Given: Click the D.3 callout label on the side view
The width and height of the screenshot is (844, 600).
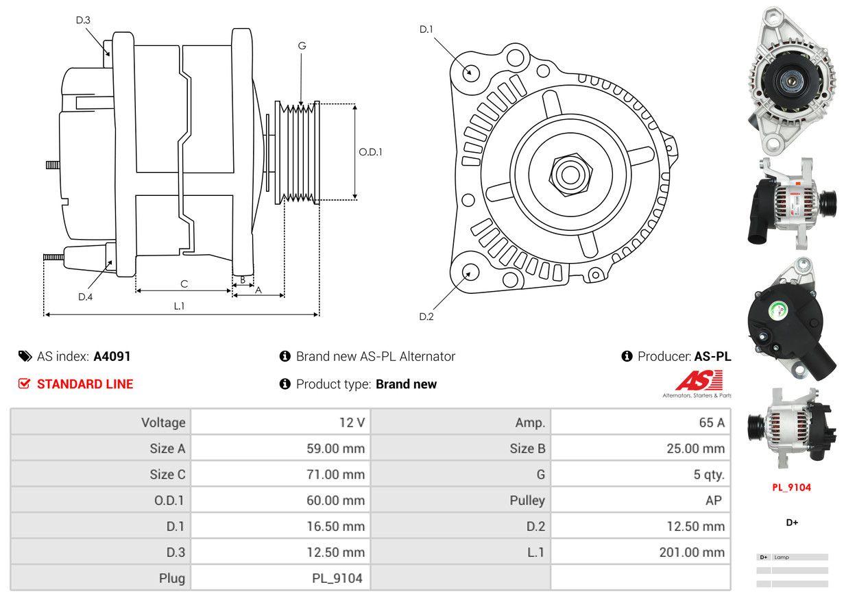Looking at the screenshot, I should point(83,20).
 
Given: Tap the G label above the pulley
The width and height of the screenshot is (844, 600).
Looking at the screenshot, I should point(302,46).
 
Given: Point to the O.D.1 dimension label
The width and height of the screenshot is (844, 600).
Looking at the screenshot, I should point(370,152).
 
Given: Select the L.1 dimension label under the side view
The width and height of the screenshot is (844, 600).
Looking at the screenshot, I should point(179,306).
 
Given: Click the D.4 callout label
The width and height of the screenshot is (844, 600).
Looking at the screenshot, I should point(85,297).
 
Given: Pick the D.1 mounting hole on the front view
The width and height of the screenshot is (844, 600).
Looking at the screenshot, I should point(470,72).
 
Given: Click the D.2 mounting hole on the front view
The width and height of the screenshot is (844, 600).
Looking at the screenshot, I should point(470,272).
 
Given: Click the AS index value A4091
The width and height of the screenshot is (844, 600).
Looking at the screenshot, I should point(112,356).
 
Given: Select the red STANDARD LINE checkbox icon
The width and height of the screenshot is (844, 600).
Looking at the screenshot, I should point(24,384).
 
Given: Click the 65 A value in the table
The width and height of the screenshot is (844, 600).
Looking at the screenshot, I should point(711,423).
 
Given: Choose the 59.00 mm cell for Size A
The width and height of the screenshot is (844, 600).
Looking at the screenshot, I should point(335,449).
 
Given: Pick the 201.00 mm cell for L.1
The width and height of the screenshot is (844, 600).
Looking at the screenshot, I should point(692,552).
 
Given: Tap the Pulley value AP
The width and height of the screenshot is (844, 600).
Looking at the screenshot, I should point(713,501).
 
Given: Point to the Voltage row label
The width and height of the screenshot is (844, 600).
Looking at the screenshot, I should point(163,423).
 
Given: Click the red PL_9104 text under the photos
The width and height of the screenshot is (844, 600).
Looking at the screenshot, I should point(791,488).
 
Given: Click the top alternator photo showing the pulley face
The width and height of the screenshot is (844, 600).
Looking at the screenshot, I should point(791,80).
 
